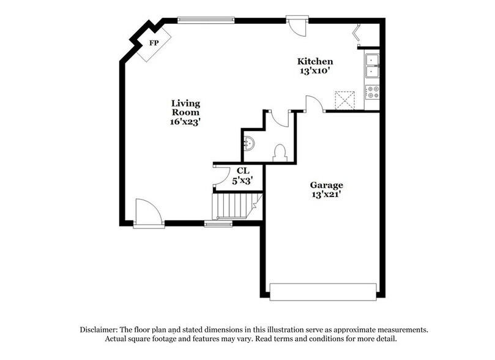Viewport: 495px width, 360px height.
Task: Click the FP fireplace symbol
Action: pyautogui.click(x=152, y=44)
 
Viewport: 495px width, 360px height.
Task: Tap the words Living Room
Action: pyautogui.click(x=185, y=108)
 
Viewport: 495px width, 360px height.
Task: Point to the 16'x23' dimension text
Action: pyautogui.click(x=185, y=122)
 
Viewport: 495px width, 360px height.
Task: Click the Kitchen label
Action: pyautogui.click(x=315, y=61)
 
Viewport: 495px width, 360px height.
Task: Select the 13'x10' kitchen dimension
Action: pyautogui.click(x=315, y=71)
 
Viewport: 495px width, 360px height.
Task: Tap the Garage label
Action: pyautogui.click(x=326, y=185)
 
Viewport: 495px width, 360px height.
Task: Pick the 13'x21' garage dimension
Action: pyautogui.click(x=326, y=195)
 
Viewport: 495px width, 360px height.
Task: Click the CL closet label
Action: pyautogui.click(x=243, y=171)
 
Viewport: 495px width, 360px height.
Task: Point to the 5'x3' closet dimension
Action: pyautogui.click(x=243, y=181)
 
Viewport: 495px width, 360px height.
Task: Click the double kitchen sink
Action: pyautogui.click(x=372, y=66)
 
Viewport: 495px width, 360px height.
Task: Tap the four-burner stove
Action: pyautogui.click(x=372, y=92)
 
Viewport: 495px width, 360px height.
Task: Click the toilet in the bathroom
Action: pyautogui.click(x=280, y=152)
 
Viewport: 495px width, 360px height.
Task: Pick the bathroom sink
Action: pyautogui.click(x=248, y=144)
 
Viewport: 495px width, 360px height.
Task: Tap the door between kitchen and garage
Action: pyautogui.click(x=314, y=104)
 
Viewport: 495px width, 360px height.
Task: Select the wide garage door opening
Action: pyautogui.click(x=324, y=291)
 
